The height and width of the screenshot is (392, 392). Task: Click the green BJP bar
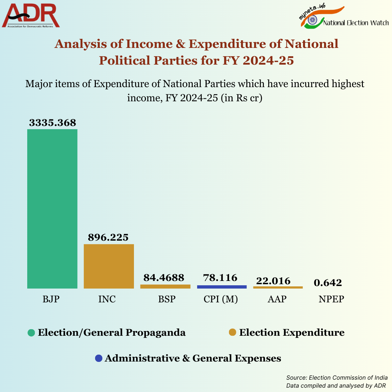(x=52, y=209)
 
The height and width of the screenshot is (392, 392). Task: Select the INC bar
(x=109, y=266)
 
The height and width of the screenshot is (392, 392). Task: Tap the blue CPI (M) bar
(x=222, y=287)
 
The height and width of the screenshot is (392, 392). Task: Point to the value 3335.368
(x=53, y=123)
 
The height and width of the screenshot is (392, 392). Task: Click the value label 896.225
(x=108, y=237)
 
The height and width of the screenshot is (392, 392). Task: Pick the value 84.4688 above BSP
(x=164, y=278)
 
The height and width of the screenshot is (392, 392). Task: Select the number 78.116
(x=221, y=278)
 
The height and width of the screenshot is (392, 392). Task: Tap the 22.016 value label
(x=273, y=281)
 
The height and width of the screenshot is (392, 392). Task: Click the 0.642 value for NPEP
(x=328, y=282)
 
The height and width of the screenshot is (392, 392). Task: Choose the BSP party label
(x=167, y=299)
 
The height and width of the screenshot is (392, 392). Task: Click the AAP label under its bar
(x=277, y=299)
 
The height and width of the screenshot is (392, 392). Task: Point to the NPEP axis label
(x=331, y=299)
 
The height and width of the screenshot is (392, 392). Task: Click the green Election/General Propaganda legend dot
(x=32, y=332)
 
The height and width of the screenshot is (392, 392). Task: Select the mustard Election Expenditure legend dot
(x=233, y=332)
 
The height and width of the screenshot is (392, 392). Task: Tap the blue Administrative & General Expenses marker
(x=98, y=358)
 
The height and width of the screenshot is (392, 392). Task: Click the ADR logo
(x=31, y=16)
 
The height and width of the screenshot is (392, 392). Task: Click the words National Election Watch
(x=356, y=23)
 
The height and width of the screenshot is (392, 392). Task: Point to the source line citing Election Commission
(x=336, y=377)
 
